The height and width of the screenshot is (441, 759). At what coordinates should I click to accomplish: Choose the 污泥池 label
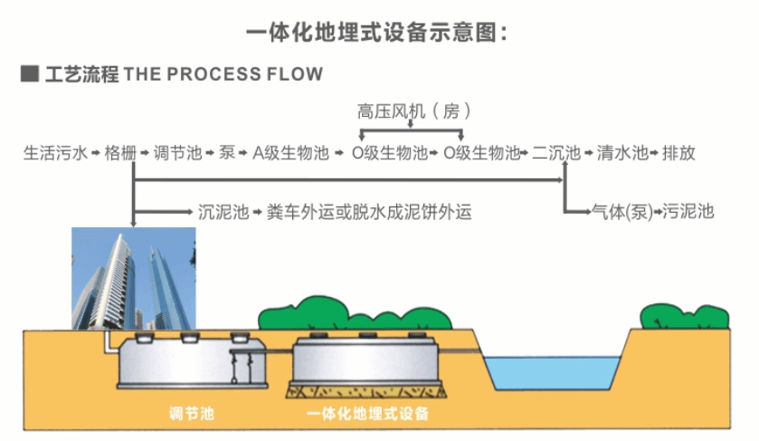(x=688, y=213)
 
